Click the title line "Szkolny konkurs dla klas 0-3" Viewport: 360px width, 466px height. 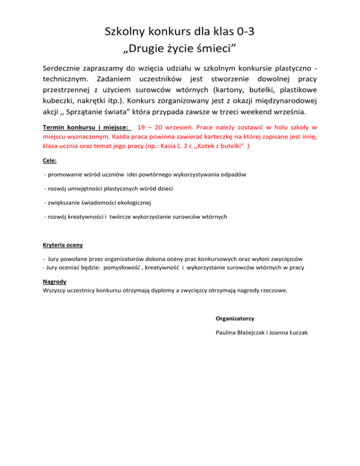180,32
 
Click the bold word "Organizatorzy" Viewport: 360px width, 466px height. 235,318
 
